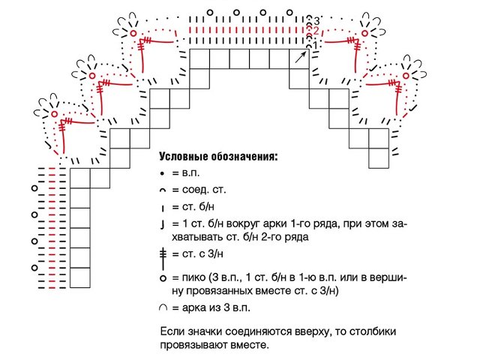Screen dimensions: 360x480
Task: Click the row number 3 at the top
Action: coord(316,20)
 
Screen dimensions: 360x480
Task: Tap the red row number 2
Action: coord(316,31)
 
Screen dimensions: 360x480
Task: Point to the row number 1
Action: coord(316,45)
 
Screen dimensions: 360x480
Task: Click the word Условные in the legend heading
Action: coord(184,157)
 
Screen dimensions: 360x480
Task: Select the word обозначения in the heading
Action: coord(244,157)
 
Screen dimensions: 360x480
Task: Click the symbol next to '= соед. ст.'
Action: coord(163,190)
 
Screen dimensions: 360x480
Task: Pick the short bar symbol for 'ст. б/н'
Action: coord(163,208)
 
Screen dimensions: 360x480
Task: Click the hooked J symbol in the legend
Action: coord(163,225)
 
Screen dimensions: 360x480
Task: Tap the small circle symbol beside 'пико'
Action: coord(163,277)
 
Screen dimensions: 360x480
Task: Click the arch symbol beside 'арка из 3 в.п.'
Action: coord(163,308)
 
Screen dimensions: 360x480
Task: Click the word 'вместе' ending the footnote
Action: coord(248,345)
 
